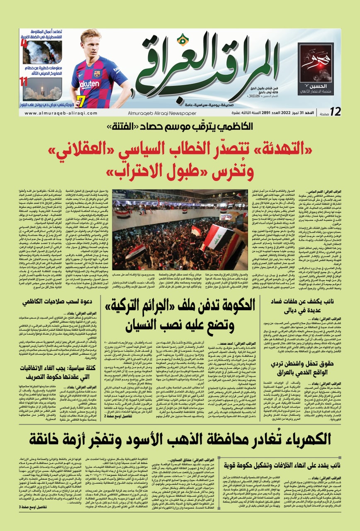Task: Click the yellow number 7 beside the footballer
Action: click(81, 100)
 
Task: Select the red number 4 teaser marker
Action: click(24, 43)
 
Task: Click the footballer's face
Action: click(90, 41)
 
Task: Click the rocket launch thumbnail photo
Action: click(42, 88)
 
